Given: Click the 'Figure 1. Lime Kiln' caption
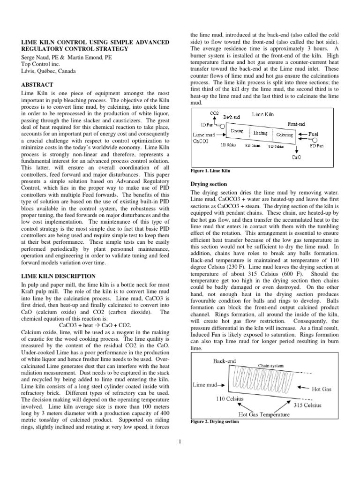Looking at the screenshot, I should click(x=210, y=171).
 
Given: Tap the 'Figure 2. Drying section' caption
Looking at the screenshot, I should click(x=215, y=421).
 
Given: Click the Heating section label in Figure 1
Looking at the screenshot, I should click(x=260, y=133).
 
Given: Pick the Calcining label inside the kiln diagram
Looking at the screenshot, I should click(x=284, y=134).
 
